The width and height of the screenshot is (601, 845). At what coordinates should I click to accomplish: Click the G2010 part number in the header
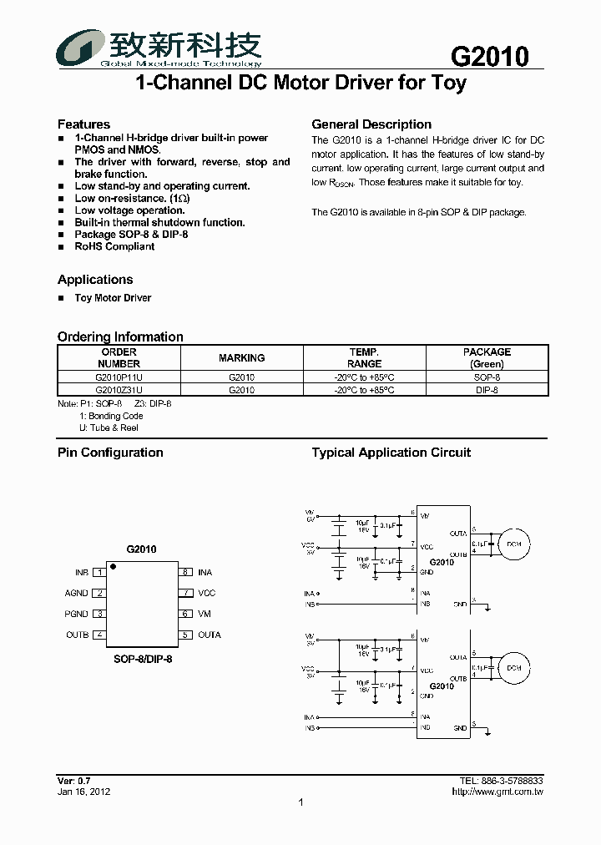pyautogui.click(x=490, y=57)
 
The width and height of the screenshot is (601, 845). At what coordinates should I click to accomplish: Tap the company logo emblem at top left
pyautogui.click(x=79, y=48)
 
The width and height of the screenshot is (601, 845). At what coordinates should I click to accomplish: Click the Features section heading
pyautogui.click(x=83, y=124)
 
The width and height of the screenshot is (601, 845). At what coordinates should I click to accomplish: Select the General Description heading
pyautogui.click(x=371, y=124)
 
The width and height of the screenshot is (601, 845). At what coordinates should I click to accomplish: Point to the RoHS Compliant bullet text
pyautogui.click(x=114, y=246)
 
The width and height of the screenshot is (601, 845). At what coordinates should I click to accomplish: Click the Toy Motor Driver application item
pyautogui.click(x=113, y=298)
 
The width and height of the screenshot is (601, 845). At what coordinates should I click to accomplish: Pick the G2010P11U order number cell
pyautogui.click(x=119, y=377)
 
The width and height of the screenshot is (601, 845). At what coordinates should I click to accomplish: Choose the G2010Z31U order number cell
pyautogui.click(x=119, y=389)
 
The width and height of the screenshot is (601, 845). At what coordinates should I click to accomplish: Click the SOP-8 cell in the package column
pyautogui.click(x=487, y=377)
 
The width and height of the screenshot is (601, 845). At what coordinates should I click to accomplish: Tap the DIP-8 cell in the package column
pyautogui.click(x=487, y=389)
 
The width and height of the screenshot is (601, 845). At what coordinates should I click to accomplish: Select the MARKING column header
pyautogui.click(x=241, y=358)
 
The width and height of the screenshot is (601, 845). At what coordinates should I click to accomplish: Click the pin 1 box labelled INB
pyautogui.click(x=99, y=573)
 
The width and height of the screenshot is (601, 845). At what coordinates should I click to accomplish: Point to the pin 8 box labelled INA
pyautogui.click(x=185, y=573)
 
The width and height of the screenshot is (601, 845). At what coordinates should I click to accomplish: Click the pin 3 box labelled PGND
pyautogui.click(x=99, y=615)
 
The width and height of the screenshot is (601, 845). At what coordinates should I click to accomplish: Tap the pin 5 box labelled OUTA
pyautogui.click(x=185, y=635)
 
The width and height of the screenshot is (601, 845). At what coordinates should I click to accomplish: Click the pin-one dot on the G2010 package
pyautogui.click(x=114, y=568)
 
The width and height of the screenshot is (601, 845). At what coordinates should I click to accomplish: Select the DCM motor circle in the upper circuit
pyautogui.click(x=513, y=544)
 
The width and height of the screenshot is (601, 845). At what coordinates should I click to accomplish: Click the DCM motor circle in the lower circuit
pyautogui.click(x=513, y=668)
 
